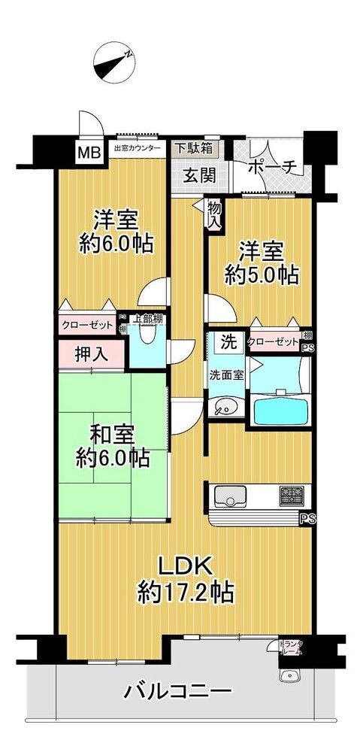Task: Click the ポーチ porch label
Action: (x=271, y=166)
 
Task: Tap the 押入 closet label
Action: (x=91, y=354)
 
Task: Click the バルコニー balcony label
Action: (x=178, y=691)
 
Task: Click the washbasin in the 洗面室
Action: (x=224, y=407)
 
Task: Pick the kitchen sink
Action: (x=230, y=496)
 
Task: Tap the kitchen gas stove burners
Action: (x=292, y=496)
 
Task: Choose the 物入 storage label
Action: (x=214, y=215)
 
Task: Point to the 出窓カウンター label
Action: (x=137, y=148)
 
